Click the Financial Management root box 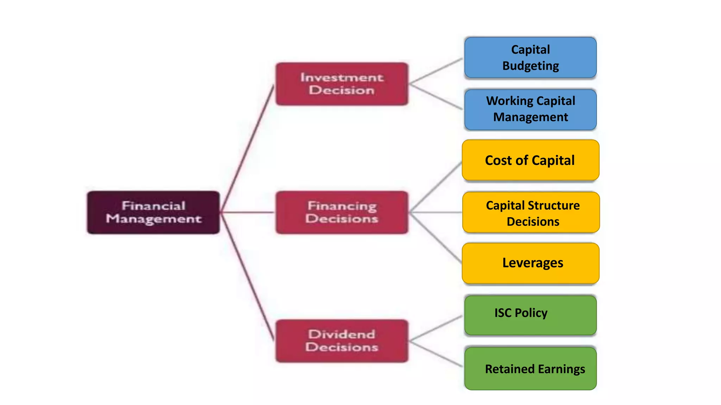(153, 212)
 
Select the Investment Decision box (342, 84)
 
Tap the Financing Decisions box (342, 212)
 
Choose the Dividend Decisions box (342, 341)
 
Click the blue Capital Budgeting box (530, 58)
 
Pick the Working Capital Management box (530, 109)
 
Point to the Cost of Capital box (530, 160)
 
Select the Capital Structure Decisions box (531, 212)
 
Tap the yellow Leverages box (531, 263)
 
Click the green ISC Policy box (530, 315)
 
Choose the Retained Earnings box (530, 368)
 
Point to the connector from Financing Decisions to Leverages (436, 238)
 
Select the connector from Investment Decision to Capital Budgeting (436, 71)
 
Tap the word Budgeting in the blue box (531, 66)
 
